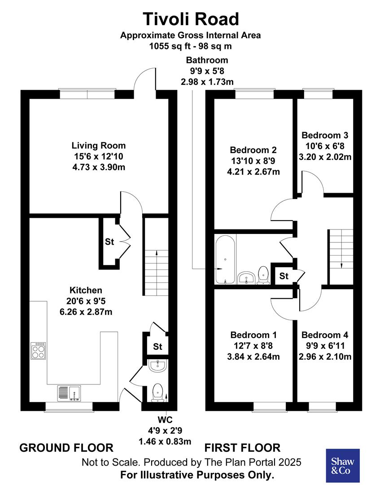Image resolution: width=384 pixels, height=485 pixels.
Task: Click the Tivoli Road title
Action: point(191,19)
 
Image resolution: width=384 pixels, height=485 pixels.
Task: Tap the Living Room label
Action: point(99,145)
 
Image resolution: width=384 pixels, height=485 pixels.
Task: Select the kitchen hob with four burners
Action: point(38,351)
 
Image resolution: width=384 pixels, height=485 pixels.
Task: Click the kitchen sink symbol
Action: point(68,393)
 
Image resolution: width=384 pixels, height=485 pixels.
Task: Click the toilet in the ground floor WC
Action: point(157,392)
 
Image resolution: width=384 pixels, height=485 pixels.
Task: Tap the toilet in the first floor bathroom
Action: point(263,275)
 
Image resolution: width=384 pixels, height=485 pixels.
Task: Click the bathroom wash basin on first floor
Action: point(246,278)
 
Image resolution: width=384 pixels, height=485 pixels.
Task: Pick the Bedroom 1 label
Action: point(253,335)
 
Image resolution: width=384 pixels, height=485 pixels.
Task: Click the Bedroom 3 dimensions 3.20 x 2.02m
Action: point(325,157)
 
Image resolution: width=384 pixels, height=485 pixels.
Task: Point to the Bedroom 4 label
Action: point(325,335)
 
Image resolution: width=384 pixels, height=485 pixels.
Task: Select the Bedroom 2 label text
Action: point(253,150)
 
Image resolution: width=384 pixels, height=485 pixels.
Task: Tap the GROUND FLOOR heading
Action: point(66,448)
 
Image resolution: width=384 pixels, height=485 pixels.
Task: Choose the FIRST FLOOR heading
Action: point(242,448)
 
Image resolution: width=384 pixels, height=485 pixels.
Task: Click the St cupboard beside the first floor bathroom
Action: point(284,276)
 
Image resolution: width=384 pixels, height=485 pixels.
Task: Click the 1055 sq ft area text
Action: point(190,46)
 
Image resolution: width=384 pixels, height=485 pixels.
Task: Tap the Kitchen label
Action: point(85,291)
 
